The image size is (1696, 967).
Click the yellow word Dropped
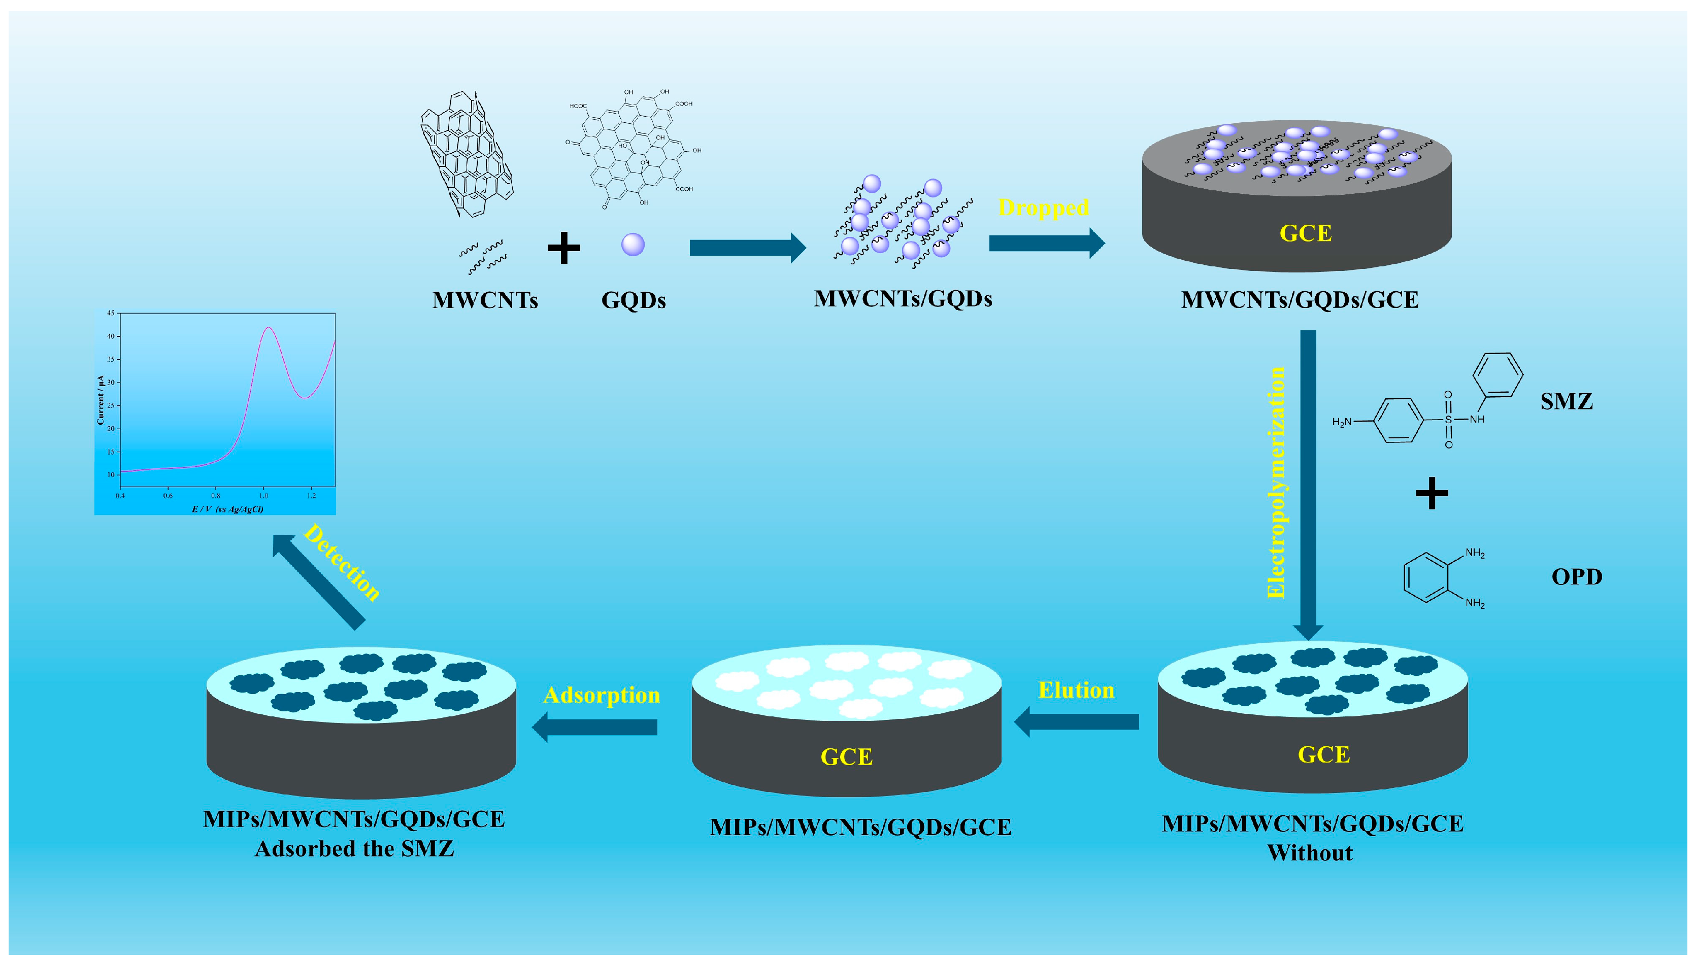tap(1043, 208)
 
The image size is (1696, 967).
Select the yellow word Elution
tap(1076, 690)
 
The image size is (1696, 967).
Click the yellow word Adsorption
tap(601, 696)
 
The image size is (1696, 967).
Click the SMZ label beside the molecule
tap(1567, 402)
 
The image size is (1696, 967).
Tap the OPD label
tap(1576, 576)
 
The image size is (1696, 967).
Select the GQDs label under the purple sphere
tap(633, 300)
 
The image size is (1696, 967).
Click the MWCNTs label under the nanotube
tap(485, 300)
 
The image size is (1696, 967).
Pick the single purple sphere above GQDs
tap(633, 245)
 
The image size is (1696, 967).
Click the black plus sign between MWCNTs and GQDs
tap(564, 248)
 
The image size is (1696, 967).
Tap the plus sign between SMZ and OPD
tap(1432, 494)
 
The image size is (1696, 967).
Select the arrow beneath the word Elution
tap(1077, 722)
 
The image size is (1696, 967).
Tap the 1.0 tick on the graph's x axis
tap(264, 496)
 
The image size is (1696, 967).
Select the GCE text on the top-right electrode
tap(1306, 233)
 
